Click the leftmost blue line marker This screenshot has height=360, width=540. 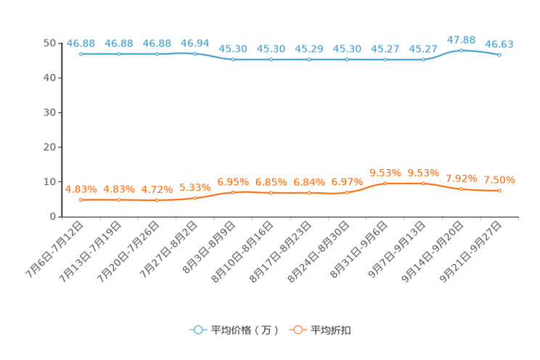click(81, 54)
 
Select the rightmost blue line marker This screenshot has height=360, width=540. click(499, 54)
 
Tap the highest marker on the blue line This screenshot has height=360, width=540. click(461, 50)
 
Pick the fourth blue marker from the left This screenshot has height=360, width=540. click(195, 54)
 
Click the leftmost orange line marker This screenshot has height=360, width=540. click(81, 200)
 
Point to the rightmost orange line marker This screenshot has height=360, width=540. click(499, 191)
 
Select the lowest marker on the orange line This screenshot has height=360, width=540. click(157, 200)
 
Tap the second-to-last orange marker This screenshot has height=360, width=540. click(461, 189)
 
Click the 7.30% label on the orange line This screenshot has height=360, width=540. click(499, 179)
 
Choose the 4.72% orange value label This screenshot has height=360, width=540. click(157, 189)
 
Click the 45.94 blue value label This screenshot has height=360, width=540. click(195, 42)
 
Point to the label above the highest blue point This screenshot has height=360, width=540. click(461, 38)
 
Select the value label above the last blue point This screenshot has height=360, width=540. click(499, 44)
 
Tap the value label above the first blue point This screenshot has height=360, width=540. click(81, 43)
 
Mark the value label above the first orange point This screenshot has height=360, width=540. click(81, 189)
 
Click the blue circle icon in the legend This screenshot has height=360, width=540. click(197, 330)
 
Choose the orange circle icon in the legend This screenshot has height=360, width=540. click(298, 330)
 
